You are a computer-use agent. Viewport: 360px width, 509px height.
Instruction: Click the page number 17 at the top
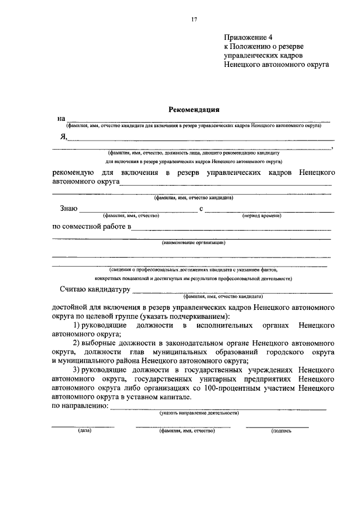point(194,20)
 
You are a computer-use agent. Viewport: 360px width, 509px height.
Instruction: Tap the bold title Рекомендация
point(194,110)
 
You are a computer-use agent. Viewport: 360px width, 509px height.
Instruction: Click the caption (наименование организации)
point(194,243)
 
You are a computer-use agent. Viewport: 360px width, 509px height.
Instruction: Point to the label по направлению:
point(80,406)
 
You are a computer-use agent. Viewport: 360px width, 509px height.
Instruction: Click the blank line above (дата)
point(83,427)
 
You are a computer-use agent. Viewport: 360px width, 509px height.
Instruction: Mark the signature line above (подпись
point(277,427)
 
